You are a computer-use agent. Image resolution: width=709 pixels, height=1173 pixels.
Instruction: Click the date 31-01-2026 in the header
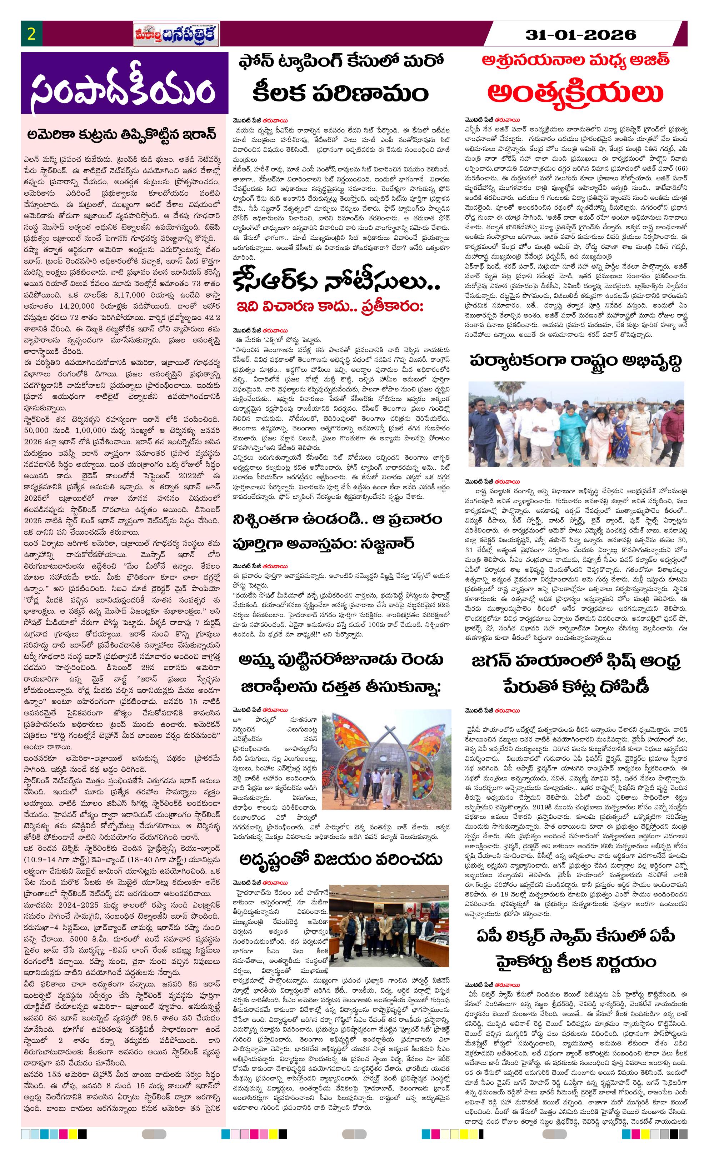tap(580, 34)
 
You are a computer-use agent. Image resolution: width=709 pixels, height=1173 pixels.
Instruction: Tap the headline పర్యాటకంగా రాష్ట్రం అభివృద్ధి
tap(575, 360)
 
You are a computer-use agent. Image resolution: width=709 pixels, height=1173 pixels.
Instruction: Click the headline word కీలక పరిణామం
tap(340, 93)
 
